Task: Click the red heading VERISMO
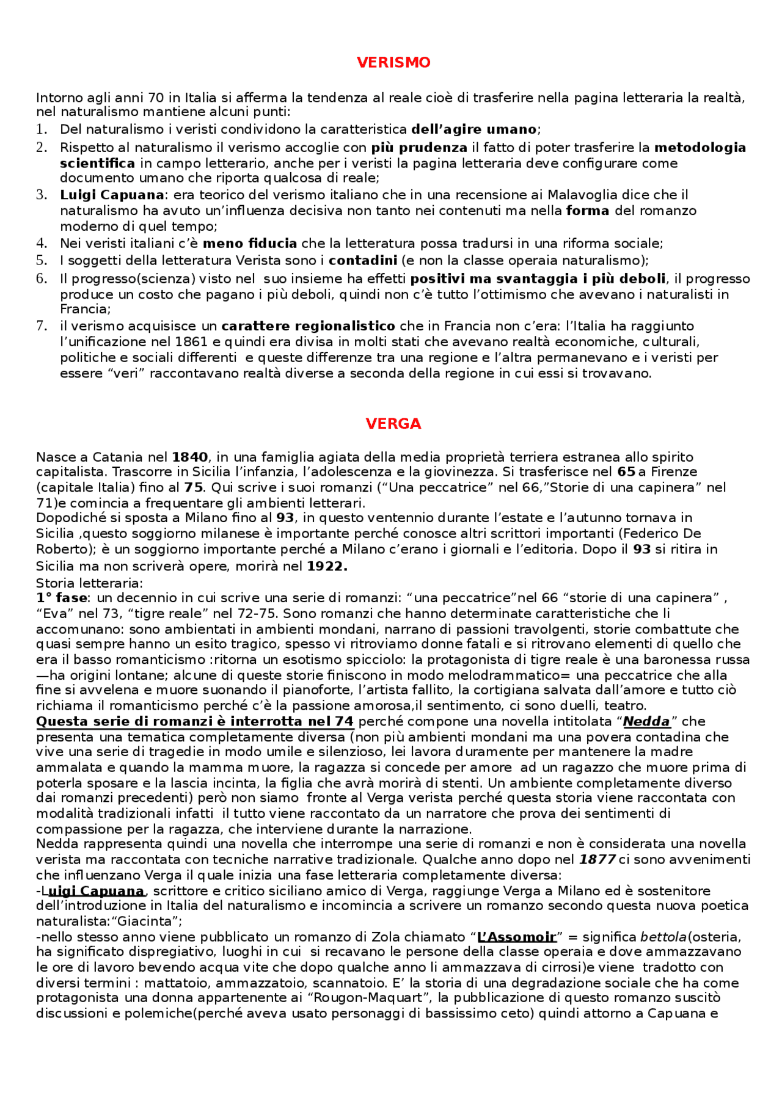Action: point(393,62)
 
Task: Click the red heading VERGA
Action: point(393,424)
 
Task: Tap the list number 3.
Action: point(42,195)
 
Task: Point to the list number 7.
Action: point(42,326)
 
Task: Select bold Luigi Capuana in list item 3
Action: point(112,195)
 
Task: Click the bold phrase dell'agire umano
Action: point(474,129)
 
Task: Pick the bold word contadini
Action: point(363,261)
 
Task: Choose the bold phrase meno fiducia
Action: point(250,244)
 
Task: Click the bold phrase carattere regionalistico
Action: point(308,326)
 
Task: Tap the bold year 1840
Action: point(190,457)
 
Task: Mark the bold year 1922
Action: point(327,566)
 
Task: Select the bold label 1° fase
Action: point(62,598)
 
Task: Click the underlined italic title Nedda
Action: point(646,722)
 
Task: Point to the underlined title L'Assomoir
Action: point(517,937)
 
